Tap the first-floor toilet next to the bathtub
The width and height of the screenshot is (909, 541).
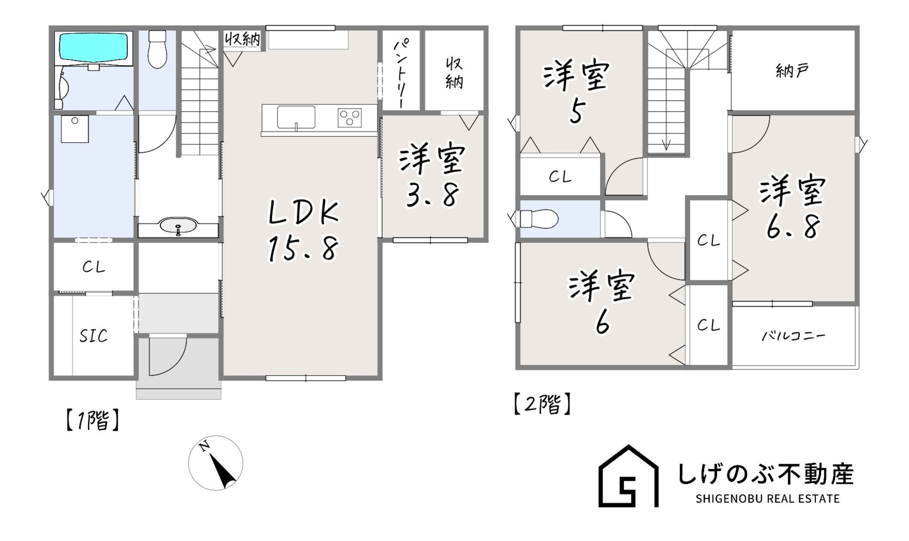(157, 49)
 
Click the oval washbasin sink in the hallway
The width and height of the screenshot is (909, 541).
(178, 226)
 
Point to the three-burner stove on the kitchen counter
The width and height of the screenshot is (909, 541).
(350, 118)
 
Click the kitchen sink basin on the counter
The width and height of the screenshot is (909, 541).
(296, 117)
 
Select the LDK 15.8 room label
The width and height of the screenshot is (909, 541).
(304, 231)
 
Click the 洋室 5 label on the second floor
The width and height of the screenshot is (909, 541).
(576, 93)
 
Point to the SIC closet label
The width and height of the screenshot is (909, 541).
(94, 336)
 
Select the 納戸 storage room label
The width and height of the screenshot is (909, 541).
(792, 71)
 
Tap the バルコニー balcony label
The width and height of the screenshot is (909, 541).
(793, 335)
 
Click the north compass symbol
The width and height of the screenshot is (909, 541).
(216, 463)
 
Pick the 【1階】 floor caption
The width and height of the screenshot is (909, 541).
(92, 421)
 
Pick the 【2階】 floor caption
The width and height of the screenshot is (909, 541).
(542, 404)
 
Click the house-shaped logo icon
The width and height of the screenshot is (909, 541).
(628, 476)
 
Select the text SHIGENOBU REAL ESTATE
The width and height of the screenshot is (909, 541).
(767, 499)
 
